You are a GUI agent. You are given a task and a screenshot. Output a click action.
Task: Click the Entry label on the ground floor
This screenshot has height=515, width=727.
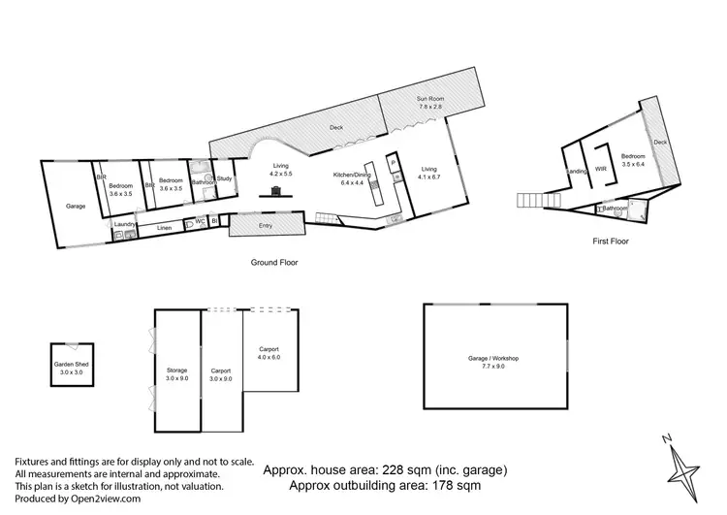tap(265, 225)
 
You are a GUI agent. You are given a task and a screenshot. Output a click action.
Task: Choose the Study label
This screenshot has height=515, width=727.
tap(224, 178)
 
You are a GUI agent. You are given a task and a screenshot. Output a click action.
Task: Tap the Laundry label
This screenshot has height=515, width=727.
tap(124, 225)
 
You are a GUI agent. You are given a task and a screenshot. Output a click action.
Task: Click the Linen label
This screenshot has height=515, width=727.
tap(164, 228)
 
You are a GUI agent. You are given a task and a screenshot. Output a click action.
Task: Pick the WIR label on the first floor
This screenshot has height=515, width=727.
tap(600, 169)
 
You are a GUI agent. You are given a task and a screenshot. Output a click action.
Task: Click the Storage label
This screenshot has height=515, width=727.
tap(175, 370)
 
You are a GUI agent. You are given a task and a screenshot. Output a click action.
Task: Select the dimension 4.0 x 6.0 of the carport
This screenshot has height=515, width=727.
tap(269, 356)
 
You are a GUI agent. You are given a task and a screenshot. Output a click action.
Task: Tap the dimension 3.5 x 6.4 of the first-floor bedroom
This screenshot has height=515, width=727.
tap(633, 163)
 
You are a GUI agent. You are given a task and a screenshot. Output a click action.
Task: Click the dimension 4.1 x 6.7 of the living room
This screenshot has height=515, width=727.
tap(429, 177)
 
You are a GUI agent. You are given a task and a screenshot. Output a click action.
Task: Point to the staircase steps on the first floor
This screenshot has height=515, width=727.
tap(534, 201)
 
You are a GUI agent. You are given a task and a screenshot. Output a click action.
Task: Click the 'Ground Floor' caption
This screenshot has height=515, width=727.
tap(275, 263)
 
